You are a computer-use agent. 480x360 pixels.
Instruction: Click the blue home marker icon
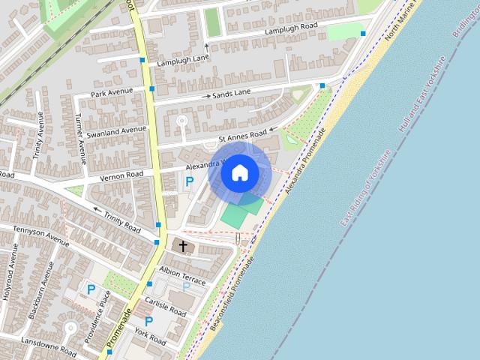pos(239,172)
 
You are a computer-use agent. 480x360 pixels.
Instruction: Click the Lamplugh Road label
pos(291,28)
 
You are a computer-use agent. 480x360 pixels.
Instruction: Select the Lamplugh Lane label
pos(183,60)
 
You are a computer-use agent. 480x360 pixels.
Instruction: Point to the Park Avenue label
pos(111,92)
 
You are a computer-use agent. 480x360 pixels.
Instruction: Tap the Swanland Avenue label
pos(116,130)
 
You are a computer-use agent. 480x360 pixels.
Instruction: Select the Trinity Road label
pos(122,222)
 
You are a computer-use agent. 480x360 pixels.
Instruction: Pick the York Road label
pos(150,335)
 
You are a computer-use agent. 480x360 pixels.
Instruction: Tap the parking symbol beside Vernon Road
pos(189,181)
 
